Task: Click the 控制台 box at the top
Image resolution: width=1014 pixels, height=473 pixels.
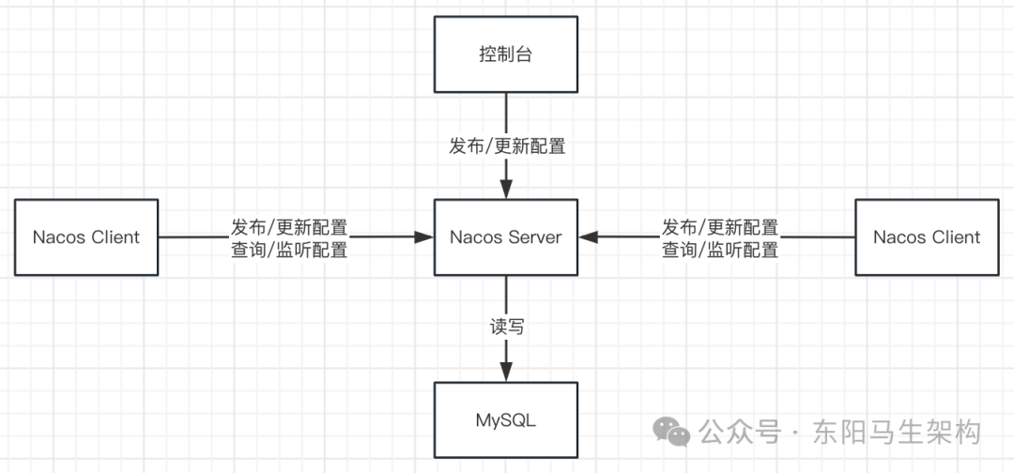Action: pyautogui.click(x=506, y=54)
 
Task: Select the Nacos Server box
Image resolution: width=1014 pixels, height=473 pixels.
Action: pyautogui.click(x=506, y=237)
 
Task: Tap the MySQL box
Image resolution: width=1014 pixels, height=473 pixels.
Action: pyautogui.click(x=506, y=420)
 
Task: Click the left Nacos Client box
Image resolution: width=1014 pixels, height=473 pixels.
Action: pyautogui.click(x=86, y=237)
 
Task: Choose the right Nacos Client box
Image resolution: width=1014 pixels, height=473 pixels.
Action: pyautogui.click(x=927, y=237)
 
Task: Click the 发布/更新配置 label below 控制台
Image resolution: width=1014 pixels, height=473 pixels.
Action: pyautogui.click(x=507, y=146)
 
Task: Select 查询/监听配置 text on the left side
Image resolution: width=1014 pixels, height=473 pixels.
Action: pyautogui.click(x=289, y=250)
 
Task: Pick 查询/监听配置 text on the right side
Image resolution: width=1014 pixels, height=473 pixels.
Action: pyautogui.click(x=720, y=250)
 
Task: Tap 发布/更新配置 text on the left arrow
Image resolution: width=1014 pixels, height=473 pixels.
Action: pyautogui.click(x=289, y=228)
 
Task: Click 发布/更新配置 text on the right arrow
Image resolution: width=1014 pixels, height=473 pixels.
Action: pyautogui.click(x=720, y=228)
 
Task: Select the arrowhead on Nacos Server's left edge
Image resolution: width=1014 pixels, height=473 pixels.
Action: pyautogui.click(x=425, y=237)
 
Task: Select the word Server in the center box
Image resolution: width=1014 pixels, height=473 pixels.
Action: pyautogui.click(x=534, y=237)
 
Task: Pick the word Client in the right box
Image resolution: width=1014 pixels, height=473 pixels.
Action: pyautogui.click(x=955, y=237)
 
